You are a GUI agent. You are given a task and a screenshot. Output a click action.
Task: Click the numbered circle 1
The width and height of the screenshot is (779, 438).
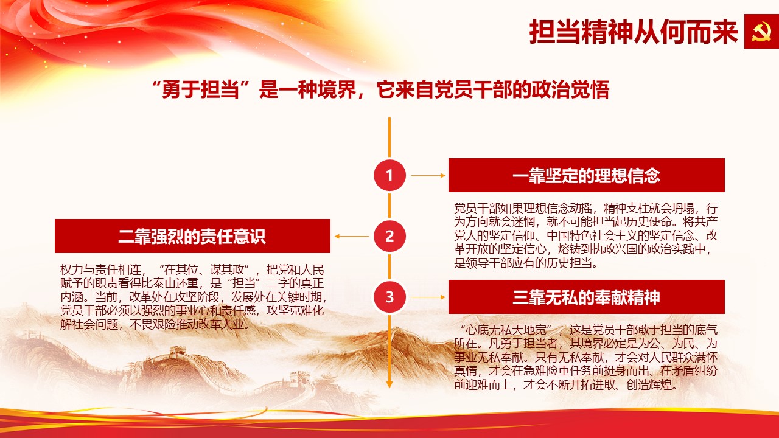pyautogui.click(x=389, y=175)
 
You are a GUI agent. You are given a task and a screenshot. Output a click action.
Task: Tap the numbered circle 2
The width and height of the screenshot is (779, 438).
pyautogui.click(x=389, y=236)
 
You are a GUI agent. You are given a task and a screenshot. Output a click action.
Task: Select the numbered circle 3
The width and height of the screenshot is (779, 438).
pyautogui.click(x=389, y=297)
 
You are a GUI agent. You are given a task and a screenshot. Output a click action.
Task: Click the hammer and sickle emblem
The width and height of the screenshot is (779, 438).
pyautogui.click(x=761, y=31)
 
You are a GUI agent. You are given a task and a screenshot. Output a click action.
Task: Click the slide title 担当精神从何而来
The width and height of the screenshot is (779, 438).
pyautogui.click(x=633, y=32)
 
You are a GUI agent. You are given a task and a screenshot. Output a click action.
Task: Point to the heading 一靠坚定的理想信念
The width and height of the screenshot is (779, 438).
pyautogui.click(x=586, y=175)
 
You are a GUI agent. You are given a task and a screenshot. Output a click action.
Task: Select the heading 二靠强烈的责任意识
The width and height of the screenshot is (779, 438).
pyautogui.click(x=192, y=237)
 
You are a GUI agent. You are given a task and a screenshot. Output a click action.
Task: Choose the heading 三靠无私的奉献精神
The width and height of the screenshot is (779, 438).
pyautogui.click(x=586, y=297)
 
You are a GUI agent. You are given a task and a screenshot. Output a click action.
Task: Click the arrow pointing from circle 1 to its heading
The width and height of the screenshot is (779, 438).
pyautogui.click(x=428, y=176)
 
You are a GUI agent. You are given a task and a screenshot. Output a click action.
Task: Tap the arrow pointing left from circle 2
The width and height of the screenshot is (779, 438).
pyautogui.click(x=352, y=237)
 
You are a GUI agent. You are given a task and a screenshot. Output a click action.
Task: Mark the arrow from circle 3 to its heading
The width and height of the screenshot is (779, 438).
pyautogui.click(x=428, y=297)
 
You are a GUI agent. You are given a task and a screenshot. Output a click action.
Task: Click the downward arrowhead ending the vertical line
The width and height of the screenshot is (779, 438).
pyautogui.click(x=389, y=384)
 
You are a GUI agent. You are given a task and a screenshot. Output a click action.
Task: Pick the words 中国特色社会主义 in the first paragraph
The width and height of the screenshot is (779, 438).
pyautogui.click(x=593, y=235)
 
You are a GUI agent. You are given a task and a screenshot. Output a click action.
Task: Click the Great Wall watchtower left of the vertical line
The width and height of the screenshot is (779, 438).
pyautogui.click(x=178, y=351)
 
